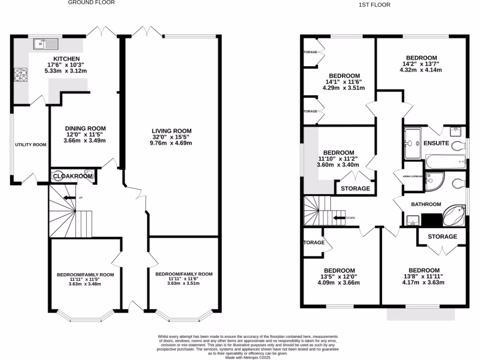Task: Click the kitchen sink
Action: [45, 44]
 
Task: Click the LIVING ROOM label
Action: [172, 131]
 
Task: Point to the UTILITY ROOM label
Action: [30, 145]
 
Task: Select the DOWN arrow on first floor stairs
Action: [339, 218]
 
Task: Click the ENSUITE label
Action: [436, 143]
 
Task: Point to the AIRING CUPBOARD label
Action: [412, 177]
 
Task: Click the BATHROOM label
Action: [426, 204]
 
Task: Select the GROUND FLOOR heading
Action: [91, 2]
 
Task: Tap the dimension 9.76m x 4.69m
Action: [172, 143]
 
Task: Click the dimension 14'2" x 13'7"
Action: [421, 64]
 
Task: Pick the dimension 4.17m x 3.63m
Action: [424, 283]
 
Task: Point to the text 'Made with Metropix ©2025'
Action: [248, 357]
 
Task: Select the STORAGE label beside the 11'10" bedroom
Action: [355, 188]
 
